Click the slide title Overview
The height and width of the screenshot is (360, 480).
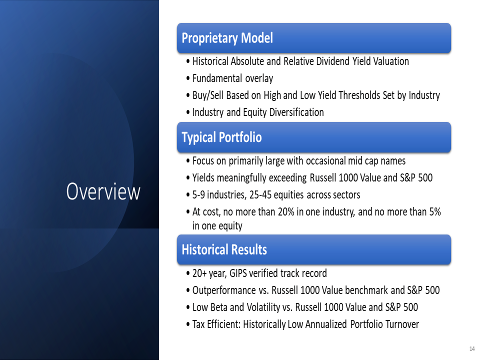[103, 191]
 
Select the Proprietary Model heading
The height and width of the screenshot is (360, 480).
[227, 38]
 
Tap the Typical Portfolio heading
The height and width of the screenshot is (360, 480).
[221, 137]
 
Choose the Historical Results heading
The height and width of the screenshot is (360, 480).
[224, 249]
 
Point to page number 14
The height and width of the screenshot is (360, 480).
[471, 348]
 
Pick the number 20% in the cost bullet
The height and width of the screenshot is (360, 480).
[286, 212]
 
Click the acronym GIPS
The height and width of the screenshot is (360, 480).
[238, 273]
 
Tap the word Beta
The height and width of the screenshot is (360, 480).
[219, 307]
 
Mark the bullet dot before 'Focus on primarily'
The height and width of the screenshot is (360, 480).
[188, 161]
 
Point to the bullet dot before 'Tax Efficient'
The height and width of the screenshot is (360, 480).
[188, 325]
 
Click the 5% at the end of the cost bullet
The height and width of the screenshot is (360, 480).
[435, 212]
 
